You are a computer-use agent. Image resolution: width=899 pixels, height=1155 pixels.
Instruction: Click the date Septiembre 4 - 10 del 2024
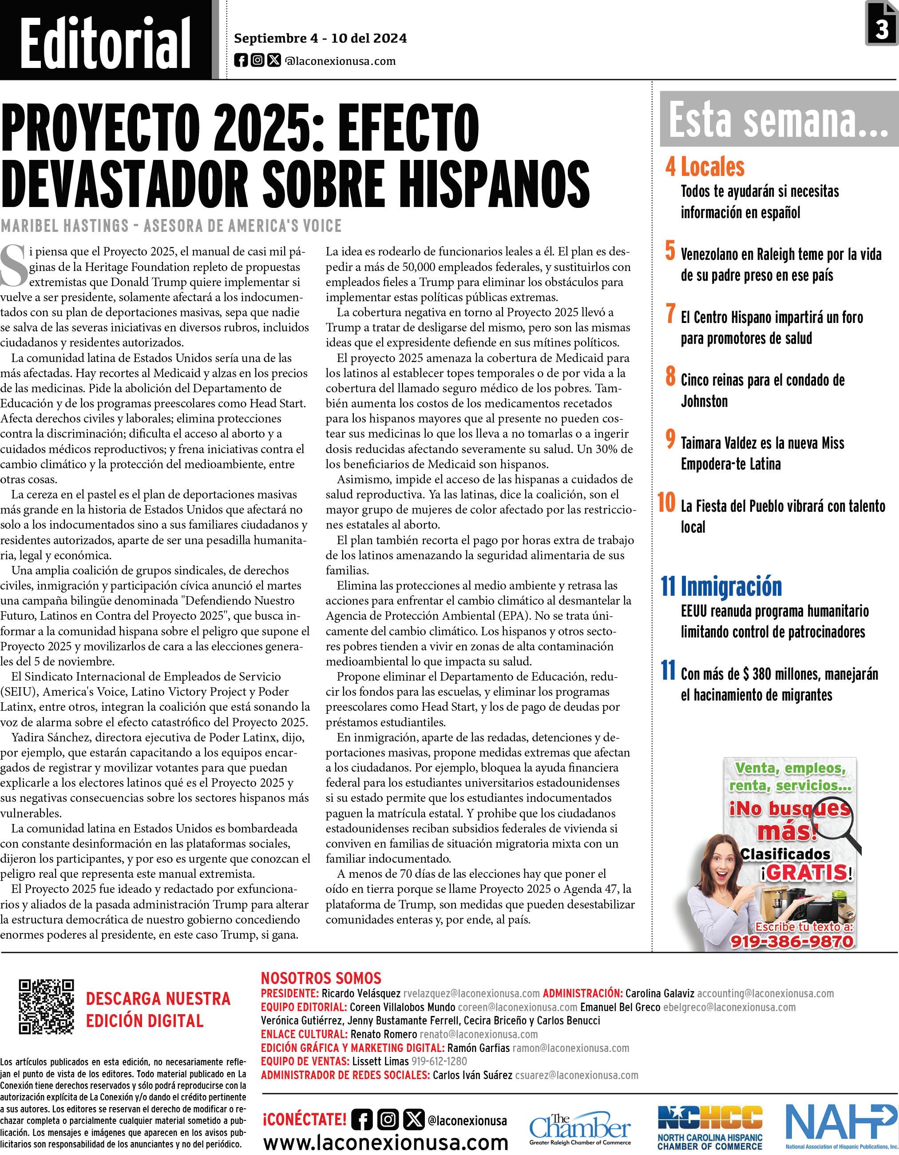pyautogui.click(x=320, y=39)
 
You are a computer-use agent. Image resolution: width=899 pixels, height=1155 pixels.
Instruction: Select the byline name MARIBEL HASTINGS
pyautogui.click(x=64, y=226)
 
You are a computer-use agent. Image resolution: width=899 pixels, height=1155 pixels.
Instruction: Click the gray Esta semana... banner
pyautogui.click(x=779, y=120)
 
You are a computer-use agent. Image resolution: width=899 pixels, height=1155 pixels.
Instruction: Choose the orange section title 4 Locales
pyautogui.click(x=705, y=167)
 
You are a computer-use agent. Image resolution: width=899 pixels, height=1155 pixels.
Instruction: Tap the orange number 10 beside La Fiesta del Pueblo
pyautogui.click(x=666, y=502)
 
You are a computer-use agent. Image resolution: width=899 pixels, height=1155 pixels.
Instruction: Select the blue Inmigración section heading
pyautogui.click(x=731, y=586)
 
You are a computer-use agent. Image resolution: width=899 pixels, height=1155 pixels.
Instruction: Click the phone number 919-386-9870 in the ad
pyautogui.click(x=791, y=941)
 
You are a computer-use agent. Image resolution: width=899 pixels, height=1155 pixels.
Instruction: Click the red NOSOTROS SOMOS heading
pyautogui.click(x=321, y=978)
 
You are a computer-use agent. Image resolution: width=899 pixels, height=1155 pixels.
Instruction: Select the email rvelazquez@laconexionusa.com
pyautogui.click(x=471, y=994)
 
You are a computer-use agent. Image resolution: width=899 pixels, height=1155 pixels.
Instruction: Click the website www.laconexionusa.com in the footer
pyautogui.click(x=386, y=1142)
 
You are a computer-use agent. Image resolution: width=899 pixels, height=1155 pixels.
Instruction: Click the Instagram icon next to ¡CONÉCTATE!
pyautogui.click(x=388, y=1119)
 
